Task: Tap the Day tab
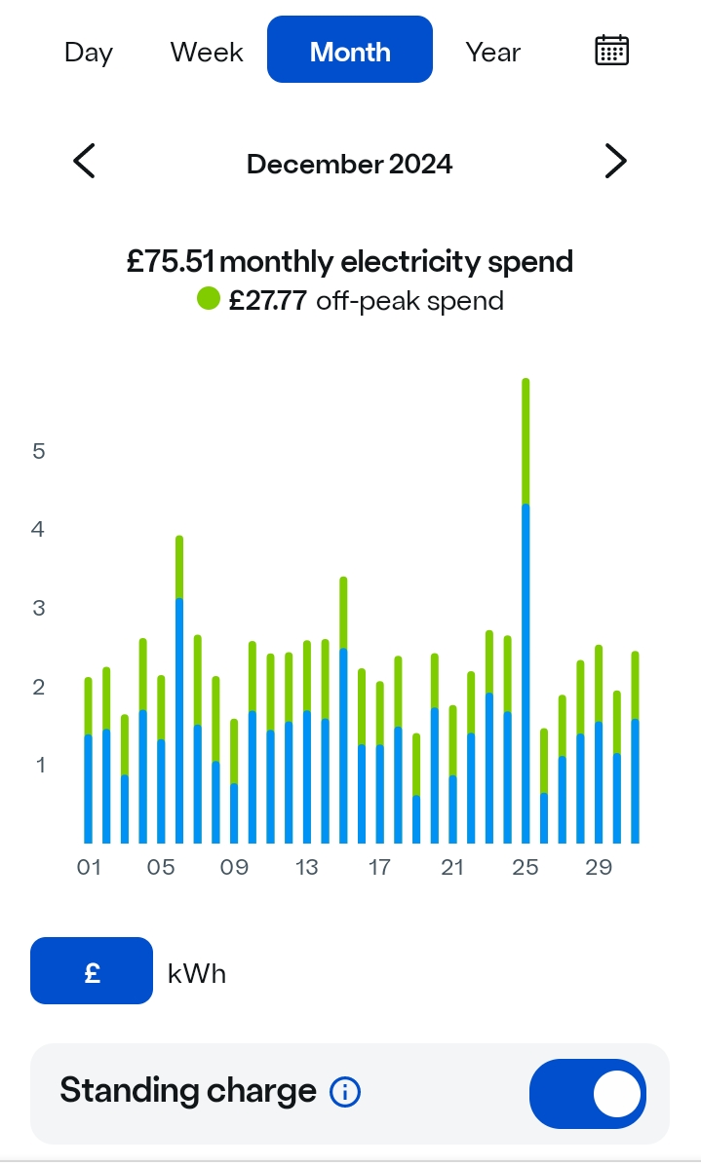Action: [x=89, y=52]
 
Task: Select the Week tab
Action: [x=207, y=52]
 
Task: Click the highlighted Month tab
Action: [x=350, y=51]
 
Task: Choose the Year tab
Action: [x=493, y=52]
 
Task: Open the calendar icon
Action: [x=611, y=51]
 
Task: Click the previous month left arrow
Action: [x=85, y=161]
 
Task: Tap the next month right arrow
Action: [x=615, y=161]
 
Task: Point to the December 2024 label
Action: [x=350, y=164]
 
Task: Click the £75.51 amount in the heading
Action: [x=173, y=261]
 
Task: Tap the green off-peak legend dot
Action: [x=209, y=299]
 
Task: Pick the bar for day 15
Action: [x=343, y=710]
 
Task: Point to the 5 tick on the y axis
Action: [x=39, y=451]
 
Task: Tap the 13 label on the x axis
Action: [x=307, y=867]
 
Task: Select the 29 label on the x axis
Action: [x=599, y=867]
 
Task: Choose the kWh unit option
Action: [x=197, y=973]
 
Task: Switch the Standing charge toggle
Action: [x=587, y=1094]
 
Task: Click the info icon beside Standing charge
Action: [x=345, y=1093]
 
